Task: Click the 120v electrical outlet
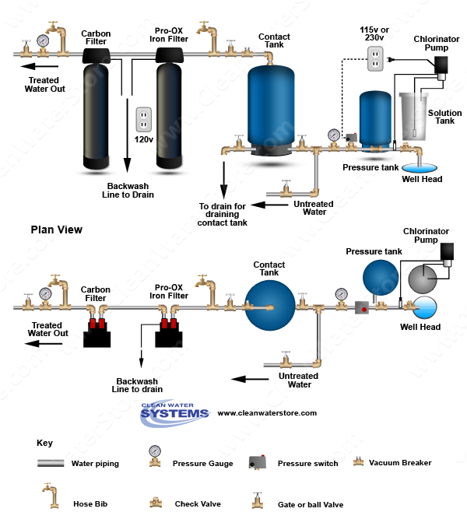tap(143, 119)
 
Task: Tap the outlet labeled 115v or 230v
tap(375, 58)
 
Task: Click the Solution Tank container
tap(413, 117)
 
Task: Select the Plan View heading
tap(56, 230)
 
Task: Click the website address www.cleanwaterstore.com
tap(267, 413)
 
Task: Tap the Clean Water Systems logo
tap(174, 413)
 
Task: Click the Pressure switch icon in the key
tap(258, 461)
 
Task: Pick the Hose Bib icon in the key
tap(51, 496)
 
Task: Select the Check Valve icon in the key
tap(156, 503)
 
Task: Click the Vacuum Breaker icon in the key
tap(358, 461)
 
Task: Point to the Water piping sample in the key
tap(51, 463)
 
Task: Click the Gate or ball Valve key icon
tap(258, 500)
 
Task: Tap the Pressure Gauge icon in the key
tap(155, 456)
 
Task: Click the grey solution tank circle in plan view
tap(423, 279)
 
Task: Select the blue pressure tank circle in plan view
tap(381, 278)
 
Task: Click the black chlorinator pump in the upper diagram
tap(441, 65)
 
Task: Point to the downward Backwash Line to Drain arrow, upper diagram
tap(127, 135)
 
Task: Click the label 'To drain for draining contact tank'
tap(222, 214)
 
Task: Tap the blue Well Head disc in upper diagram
tap(420, 167)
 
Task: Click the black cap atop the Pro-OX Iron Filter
tap(170, 56)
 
